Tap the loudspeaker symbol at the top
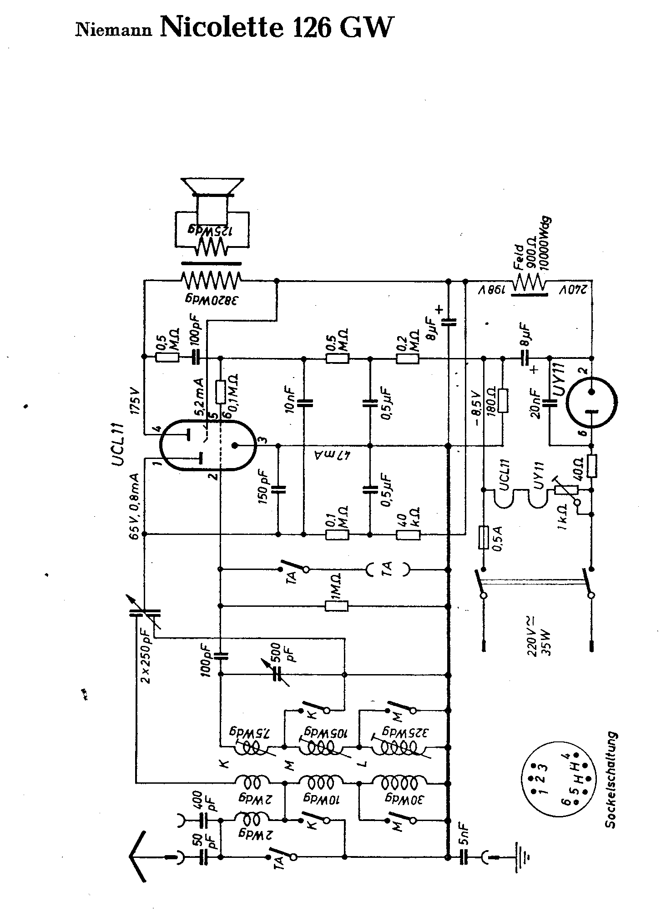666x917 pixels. point(212,187)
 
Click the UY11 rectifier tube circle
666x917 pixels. point(591,401)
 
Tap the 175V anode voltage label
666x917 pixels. point(135,401)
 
